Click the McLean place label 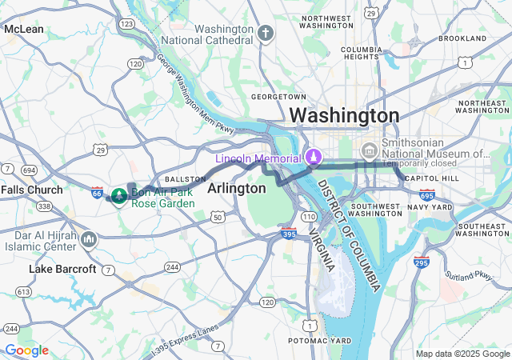[24, 29]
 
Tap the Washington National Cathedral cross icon [266, 33]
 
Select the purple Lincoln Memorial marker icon [314, 156]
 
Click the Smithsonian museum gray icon [369, 150]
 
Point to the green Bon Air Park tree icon [118, 194]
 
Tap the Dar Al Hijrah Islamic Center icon [89, 238]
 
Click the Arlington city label [236, 188]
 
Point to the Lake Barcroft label [62, 269]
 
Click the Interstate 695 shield [426, 194]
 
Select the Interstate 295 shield [422, 262]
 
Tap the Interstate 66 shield [97, 192]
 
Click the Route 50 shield [217, 217]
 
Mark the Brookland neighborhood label [462, 38]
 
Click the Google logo [26, 350]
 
